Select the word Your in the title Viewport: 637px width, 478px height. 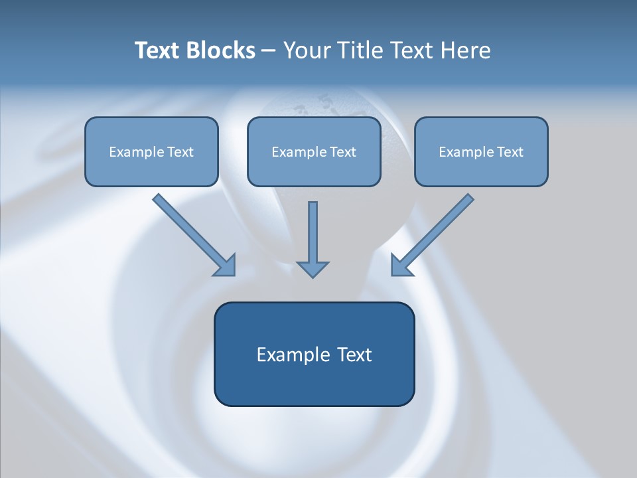tap(307, 50)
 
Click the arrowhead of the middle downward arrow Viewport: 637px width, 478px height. tap(313, 268)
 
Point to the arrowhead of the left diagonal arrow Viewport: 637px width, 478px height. tap(226, 266)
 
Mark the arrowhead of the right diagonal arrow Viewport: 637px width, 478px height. tap(401, 265)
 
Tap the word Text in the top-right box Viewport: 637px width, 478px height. tap(510, 152)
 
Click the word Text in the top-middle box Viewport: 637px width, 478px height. tap(342, 152)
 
